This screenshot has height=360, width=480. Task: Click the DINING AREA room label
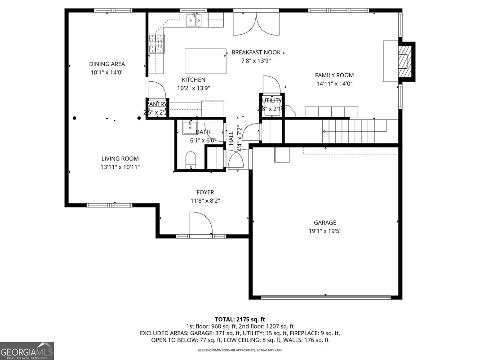coord(107,64)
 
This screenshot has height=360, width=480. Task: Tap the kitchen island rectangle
coord(205,61)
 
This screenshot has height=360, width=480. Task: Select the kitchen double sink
coord(194,20)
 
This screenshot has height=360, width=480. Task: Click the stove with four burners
coord(156,44)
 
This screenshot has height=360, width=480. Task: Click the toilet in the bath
coord(191,160)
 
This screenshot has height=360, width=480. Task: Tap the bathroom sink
coord(191,128)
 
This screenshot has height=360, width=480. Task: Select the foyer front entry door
coord(200,224)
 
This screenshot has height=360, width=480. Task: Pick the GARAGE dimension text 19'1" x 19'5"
coord(325,231)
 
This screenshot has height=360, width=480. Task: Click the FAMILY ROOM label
coord(334,76)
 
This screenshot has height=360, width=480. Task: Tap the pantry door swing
coord(154,89)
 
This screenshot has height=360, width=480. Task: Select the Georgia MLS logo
coord(27,351)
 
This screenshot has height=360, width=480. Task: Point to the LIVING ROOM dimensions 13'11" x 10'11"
coord(120,167)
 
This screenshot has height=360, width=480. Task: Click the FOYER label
coord(205,192)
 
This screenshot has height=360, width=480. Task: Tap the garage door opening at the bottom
coord(326,297)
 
